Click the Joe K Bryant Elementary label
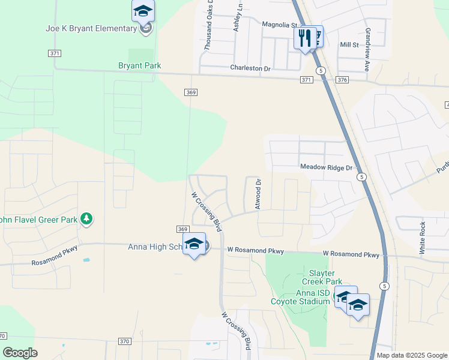pos(91,28)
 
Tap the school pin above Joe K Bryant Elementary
pos(143,11)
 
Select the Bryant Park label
pos(139,65)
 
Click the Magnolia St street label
pos(280,25)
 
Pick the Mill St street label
pos(349,44)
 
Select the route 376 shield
pos(342,80)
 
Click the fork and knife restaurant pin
pos(305,38)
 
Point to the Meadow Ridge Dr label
pos(326,168)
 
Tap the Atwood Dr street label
pos(258,194)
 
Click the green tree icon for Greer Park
pos(87,218)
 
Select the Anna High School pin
pos(194,244)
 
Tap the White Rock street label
pos(423,236)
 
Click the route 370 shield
pos(124,341)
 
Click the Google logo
pos(20,353)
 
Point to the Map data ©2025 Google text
pos(411,355)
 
